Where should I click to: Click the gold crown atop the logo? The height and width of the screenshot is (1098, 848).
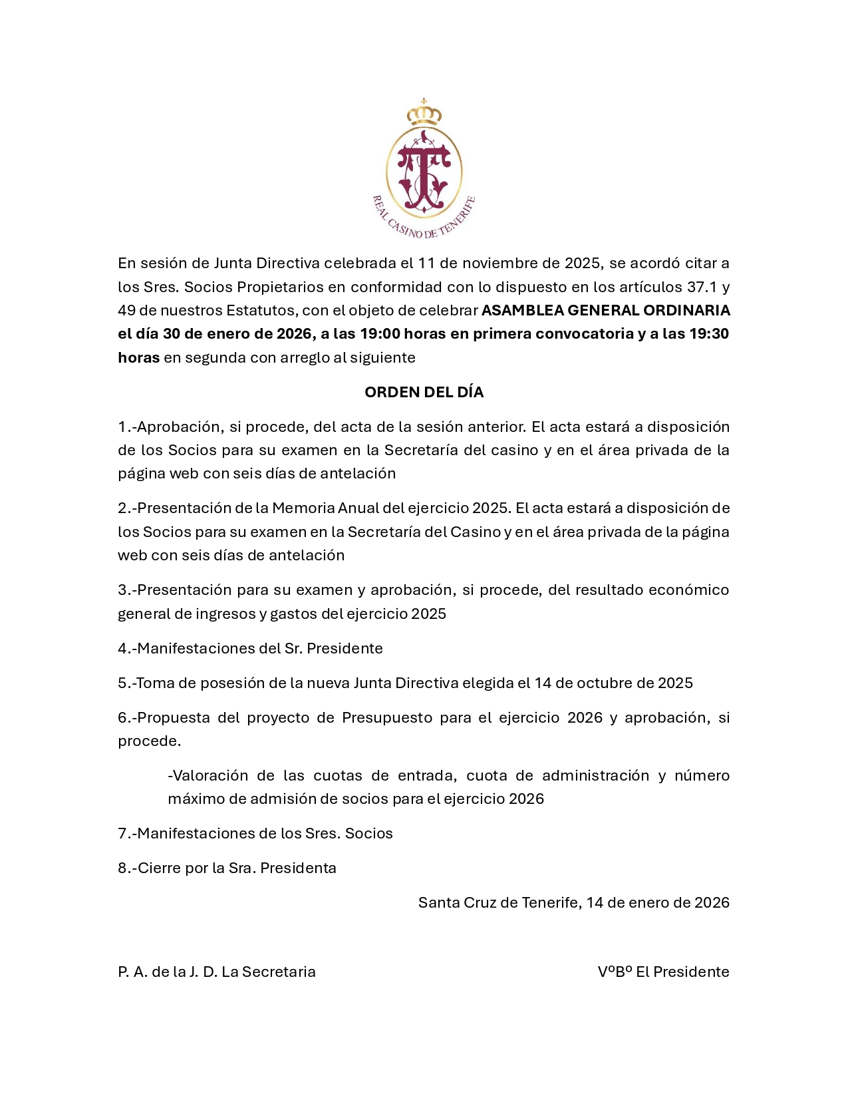pos(424,114)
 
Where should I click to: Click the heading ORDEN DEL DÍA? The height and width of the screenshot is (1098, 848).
pos(424,392)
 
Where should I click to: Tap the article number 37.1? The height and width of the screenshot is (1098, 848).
pos(702,287)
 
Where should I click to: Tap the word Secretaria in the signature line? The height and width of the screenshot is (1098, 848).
pos(279,972)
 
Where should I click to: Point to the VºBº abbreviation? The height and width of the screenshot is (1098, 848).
pos(615,972)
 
